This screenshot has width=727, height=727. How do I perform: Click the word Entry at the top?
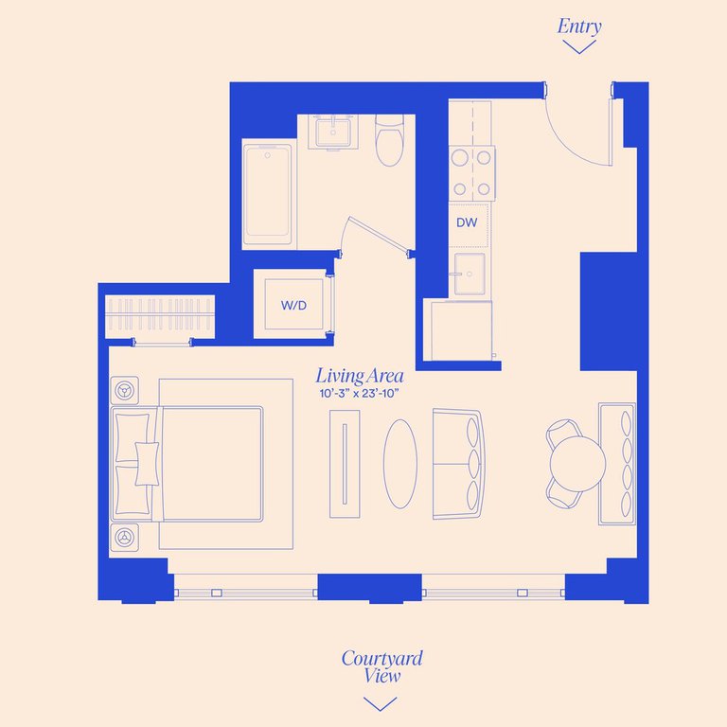(x=579, y=27)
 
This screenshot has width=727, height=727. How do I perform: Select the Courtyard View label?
(x=382, y=666)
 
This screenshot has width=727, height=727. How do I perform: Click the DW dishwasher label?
(x=467, y=222)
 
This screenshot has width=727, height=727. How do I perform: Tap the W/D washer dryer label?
(x=294, y=305)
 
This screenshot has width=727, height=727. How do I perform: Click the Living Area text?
(x=360, y=376)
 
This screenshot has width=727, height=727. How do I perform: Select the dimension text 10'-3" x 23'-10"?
(x=360, y=394)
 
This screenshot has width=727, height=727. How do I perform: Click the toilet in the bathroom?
(x=389, y=140)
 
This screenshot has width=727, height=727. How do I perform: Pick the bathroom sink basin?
(x=333, y=133)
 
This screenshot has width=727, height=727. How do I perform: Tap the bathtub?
(x=268, y=194)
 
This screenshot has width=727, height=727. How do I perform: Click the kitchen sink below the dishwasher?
(x=470, y=274)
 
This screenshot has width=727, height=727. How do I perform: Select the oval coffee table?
(x=400, y=464)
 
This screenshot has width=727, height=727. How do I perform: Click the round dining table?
(x=577, y=464)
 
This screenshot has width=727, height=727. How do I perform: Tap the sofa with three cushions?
(x=459, y=464)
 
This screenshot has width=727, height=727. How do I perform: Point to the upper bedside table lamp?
(x=124, y=390)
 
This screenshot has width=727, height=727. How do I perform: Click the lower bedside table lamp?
(x=124, y=538)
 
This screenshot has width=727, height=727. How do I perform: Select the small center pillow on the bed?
(x=147, y=464)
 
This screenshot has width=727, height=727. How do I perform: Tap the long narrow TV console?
(x=345, y=464)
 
